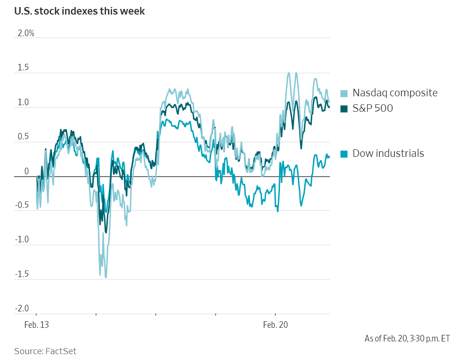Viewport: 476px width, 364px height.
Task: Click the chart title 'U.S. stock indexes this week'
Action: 79,11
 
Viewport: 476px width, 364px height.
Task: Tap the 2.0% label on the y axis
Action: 26,33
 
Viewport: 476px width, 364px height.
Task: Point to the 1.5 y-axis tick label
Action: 23,68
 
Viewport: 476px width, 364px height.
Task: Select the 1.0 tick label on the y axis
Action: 23,102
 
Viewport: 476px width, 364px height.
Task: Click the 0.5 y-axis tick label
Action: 23,137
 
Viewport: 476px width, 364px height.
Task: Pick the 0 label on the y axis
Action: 26,171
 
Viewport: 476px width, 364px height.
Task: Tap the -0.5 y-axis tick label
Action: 22,205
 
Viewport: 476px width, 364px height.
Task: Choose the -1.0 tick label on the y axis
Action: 22,240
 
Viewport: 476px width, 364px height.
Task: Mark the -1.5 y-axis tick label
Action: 22,274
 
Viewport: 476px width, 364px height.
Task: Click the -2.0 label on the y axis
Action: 22,309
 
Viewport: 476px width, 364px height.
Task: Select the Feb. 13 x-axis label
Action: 37,325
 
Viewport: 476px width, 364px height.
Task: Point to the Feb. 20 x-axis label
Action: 275,325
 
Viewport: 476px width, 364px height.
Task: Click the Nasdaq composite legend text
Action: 395,93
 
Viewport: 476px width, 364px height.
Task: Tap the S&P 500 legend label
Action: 373,108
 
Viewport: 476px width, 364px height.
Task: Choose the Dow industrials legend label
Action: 388,153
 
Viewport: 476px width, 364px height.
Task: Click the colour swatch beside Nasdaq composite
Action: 344,93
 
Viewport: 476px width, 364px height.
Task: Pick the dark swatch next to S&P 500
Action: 344,109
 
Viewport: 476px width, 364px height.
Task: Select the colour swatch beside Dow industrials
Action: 344,154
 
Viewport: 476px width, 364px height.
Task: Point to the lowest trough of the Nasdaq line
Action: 106,277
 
